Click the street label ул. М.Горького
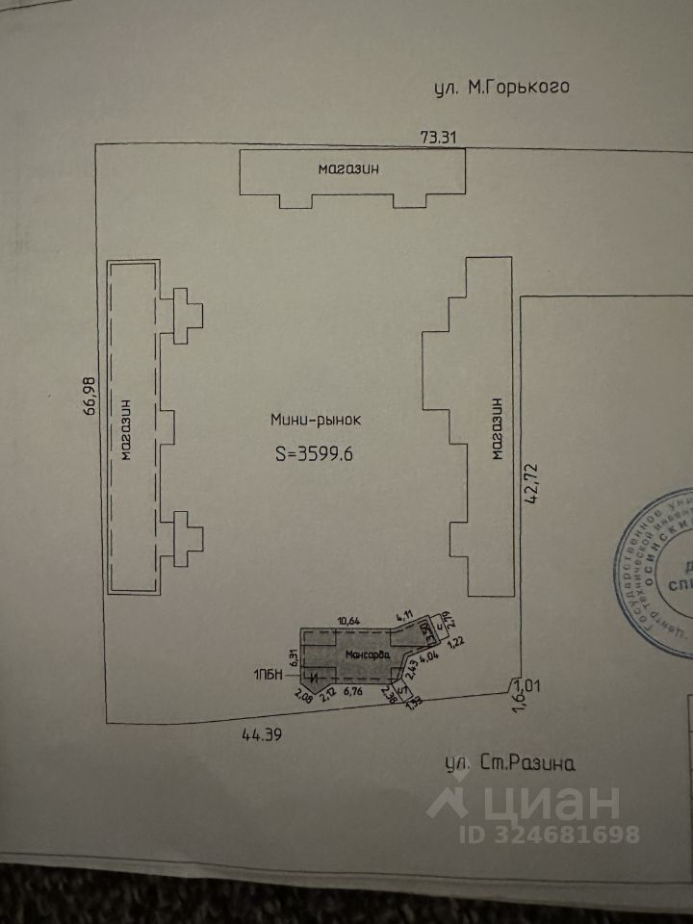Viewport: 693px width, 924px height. pyautogui.click(x=501, y=88)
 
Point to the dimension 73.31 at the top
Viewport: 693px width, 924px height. pyautogui.click(x=438, y=137)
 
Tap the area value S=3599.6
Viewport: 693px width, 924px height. pyautogui.click(x=315, y=455)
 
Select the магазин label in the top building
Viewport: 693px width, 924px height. pyautogui.click(x=348, y=168)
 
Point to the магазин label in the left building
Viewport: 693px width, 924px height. pyautogui.click(x=125, y=430)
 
